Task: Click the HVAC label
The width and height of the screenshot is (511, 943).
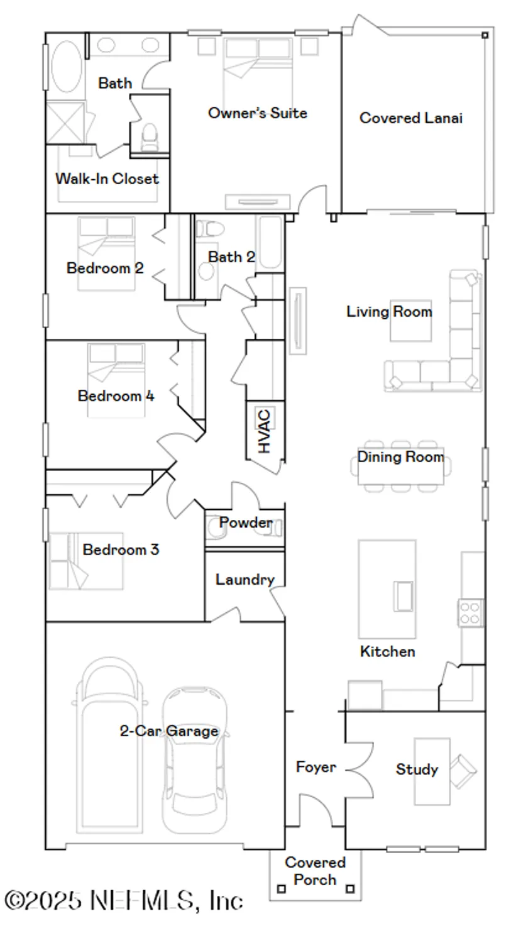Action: click(x=264, y=431)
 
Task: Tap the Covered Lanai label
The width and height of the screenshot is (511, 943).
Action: click(x=411, y=118)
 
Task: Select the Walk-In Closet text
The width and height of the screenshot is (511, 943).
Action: click(x=107, y=179)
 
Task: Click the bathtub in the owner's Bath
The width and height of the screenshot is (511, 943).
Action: click(x=65, y=67)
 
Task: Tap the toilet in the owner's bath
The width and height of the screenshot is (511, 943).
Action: click(x=150, y=136)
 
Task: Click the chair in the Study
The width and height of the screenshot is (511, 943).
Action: click(x=464, y=771)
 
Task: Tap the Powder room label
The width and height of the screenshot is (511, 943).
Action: click(x=245, y=522)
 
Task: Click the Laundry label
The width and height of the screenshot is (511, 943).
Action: click(x=245, y=580)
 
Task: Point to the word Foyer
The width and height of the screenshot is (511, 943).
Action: click(x=316, y=767)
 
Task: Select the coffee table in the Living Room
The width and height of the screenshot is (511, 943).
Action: click(x=410, y=321)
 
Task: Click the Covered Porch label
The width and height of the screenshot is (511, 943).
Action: click(x=315, y=871)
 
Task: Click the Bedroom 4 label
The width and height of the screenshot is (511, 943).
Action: click(x=116, y=396)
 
